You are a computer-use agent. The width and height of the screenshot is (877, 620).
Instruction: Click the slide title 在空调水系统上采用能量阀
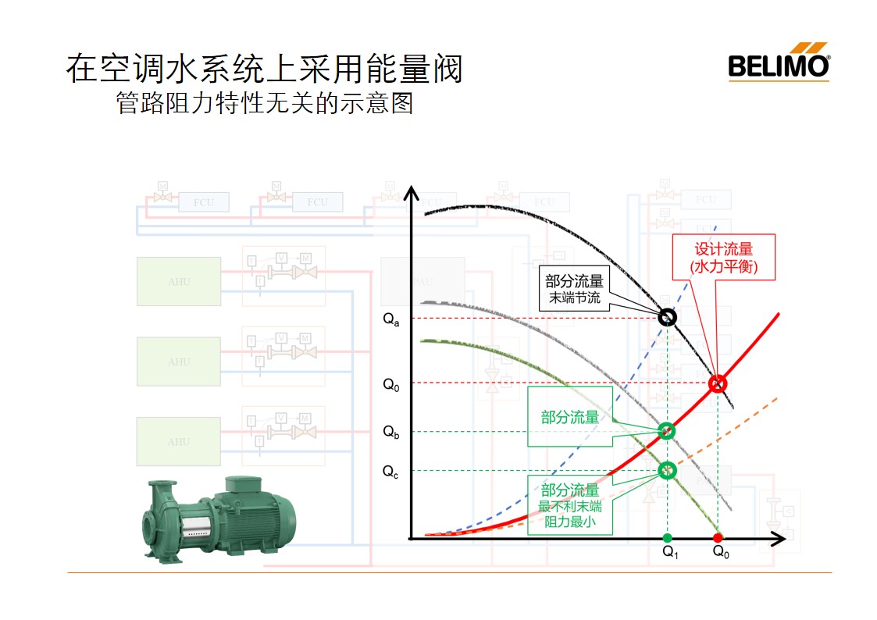[x=264, y=69]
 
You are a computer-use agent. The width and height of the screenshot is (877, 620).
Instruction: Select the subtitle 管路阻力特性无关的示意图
[x=264, y=103]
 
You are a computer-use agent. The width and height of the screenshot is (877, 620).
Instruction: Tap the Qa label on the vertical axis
[x=391, y=320]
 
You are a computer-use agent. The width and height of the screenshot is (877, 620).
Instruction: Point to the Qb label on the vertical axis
[x=391, y=433]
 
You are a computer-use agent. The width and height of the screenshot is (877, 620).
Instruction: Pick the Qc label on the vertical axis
[x=390, y=472]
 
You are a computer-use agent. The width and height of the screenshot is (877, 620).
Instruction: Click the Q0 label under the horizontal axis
[x=721, y=552]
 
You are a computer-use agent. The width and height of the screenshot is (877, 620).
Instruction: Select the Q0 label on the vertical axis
[x=391, y=383]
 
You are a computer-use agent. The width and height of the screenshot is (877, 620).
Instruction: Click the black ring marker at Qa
[x=667, y=317]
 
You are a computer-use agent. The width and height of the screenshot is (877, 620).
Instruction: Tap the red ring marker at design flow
[x=718, y=383]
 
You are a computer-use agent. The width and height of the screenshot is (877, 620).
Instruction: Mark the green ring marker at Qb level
[x=666, y=430]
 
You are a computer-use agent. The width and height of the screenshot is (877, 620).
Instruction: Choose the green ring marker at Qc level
[x=667, y=470]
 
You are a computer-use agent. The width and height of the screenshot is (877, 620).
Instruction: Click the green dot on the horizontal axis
[x=667, y=538]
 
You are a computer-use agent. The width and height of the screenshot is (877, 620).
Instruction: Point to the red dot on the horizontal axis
[x=718, y=538]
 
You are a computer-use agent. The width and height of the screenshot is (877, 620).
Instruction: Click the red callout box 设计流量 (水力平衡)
[x=724, y=258]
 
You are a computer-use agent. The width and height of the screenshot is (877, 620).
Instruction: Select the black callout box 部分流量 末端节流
[x=573, y=289]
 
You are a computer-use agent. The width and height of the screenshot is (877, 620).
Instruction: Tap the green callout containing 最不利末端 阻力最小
[x=570, y=504]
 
